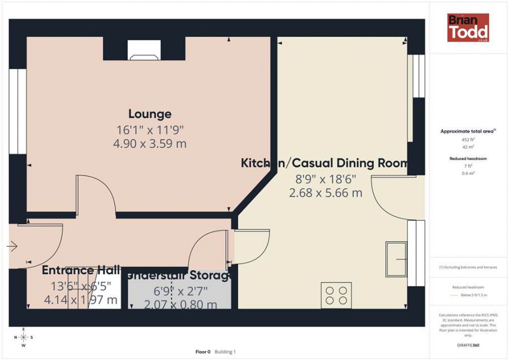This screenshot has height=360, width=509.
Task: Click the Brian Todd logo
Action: (x=468, y=28)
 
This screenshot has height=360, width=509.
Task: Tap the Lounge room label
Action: (x=149, y=114)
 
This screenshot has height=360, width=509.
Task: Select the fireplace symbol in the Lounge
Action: (x=143, y=50)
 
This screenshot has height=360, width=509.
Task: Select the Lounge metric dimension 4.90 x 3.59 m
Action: (x=149, y=144)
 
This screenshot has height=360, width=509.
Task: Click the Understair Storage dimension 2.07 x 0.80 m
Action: (x=180, y=305)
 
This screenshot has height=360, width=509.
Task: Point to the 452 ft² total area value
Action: (x=468, y=139)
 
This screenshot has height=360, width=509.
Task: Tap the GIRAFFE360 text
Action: (x=468, y=344)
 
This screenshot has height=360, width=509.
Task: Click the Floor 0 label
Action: (x=202, y=352)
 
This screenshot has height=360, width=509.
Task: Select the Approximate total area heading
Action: (x=468, y=131)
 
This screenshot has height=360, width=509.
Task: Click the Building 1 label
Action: (x=225, y=352)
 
